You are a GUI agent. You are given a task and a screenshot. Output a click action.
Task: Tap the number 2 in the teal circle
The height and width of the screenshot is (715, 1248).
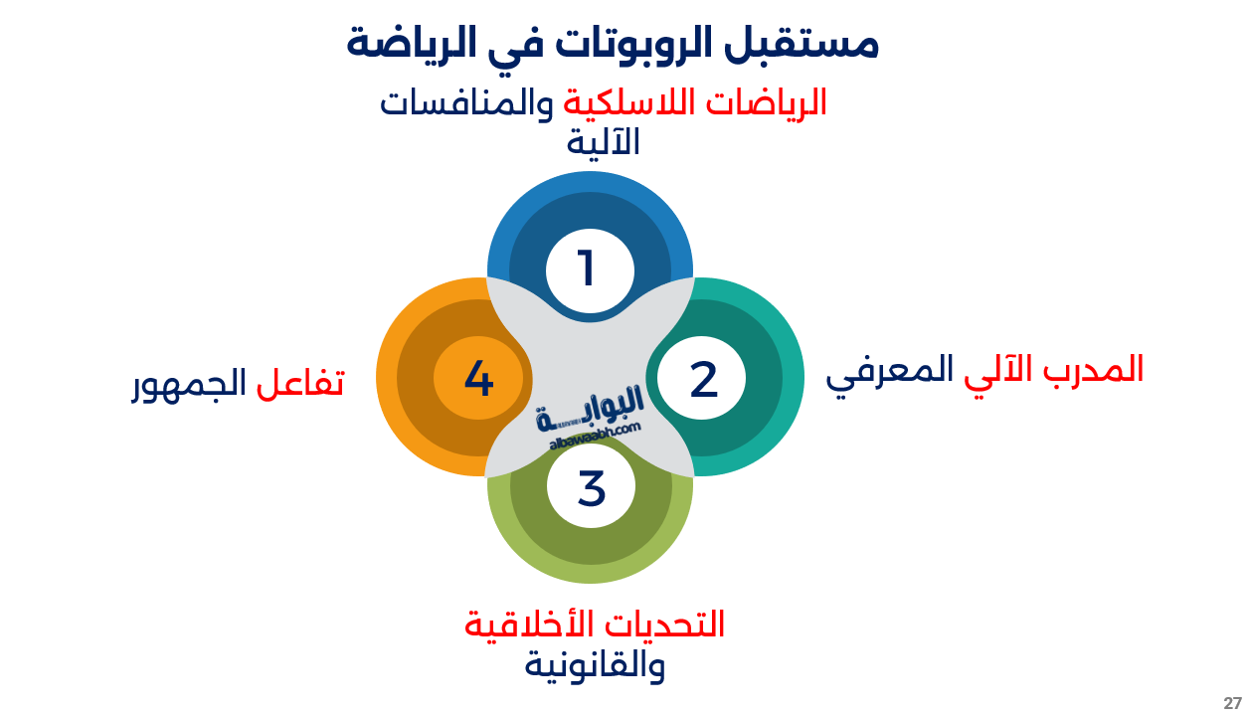click(703, 380)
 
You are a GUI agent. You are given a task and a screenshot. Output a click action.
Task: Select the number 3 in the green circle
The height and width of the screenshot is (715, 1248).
click(592, 488)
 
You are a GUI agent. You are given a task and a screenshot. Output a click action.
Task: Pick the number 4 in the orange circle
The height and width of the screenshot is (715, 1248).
click(478, 379)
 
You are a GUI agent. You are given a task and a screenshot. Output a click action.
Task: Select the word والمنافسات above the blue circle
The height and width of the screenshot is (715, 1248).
click(467, 103)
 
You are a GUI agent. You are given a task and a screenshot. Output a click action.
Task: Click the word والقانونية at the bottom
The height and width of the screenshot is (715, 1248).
click(595, 665)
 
